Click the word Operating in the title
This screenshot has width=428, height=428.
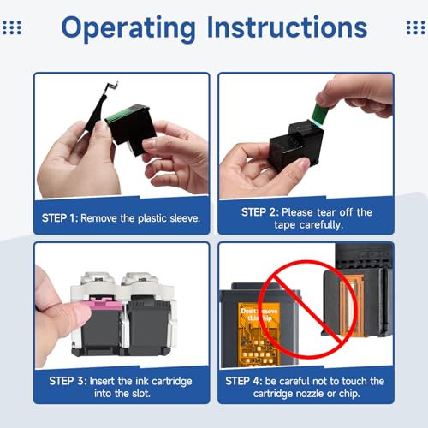pyautogui.click(x=128, y=27)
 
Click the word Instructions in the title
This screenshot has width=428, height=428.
pyautogui.click(x=287, y=27)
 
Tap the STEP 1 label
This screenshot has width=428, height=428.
pyautogui.click(x=60, y=218)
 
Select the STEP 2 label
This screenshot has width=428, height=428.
pyautogui.click(x=259, y=212)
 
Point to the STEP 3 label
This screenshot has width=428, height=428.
pyautogui.click(x=68, y=381)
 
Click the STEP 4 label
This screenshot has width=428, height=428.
pyautogui.click(x=244, y=381)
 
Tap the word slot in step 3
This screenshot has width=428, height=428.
pyautogui.click(x=140, y=394)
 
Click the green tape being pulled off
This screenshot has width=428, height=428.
pyautogui.click(x=319, y=114)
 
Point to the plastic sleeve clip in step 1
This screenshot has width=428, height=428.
pyautogui.click(x=101, y=109)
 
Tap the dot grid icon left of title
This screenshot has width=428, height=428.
pyautogui.click(x=12, y=27)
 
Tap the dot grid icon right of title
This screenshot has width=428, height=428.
pyautogui.click(x=416, y=27)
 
